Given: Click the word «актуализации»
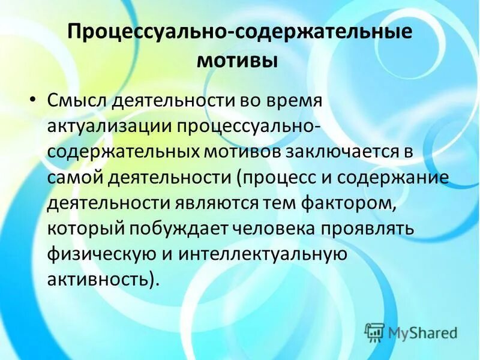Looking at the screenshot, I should (109, 127).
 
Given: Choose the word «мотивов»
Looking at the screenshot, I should (240, 152).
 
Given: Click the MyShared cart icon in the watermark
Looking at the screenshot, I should (375, 331).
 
